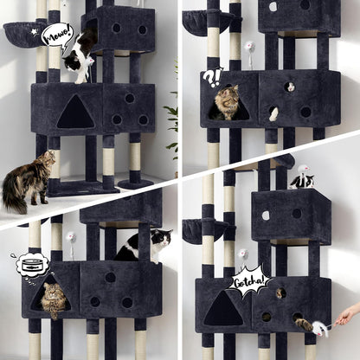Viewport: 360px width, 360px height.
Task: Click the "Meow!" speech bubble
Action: (x=56, y=35)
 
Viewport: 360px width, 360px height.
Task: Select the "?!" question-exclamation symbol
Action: (x=212, y=77)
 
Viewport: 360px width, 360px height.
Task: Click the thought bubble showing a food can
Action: (x=30, y=264)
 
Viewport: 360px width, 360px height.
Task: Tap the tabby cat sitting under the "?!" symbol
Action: (x=228, y=102)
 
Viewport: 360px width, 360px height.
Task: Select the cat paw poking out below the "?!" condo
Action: (x=274, y=113)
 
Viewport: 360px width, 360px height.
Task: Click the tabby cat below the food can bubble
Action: (x=54, y=299)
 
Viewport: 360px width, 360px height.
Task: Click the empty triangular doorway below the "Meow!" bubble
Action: (x=76, y=112)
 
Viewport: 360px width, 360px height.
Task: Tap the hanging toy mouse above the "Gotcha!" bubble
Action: (x=244, y=254)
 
